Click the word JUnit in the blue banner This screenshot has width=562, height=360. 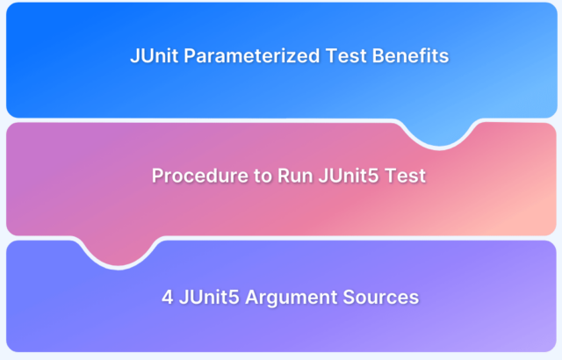click(155, 56)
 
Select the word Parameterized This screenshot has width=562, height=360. click(252, 56)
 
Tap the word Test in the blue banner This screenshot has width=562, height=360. click(346, 56)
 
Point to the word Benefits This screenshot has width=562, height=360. click(410, 56)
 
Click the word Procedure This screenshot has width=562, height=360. click(200, 176)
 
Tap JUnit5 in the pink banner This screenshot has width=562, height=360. click(348, 176)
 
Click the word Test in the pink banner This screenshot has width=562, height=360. click(405, 176)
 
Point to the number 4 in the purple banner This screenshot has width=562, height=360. click(168, 298)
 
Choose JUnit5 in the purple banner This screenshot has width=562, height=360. click(209, 298)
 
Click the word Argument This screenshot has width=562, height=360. click(291, 298)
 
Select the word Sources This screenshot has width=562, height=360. click(380, 298)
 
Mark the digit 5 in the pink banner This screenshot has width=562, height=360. click(373, 176)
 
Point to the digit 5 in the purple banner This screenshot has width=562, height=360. click(234, 298)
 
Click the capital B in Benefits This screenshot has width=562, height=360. click(378, 56)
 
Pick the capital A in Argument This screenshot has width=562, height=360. click(252, 298)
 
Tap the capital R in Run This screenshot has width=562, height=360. click(284, 176)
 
